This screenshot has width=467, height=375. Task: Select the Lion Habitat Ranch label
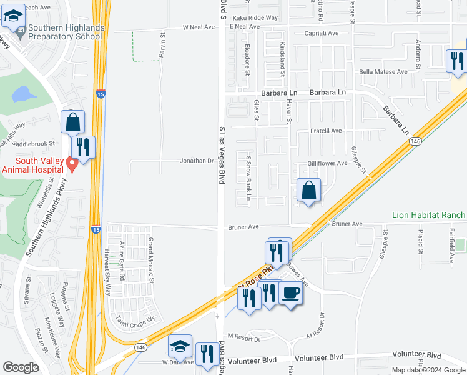coord(428,215)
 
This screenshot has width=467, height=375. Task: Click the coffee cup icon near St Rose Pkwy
coord(290,294)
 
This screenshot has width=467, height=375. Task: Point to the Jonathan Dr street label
coord(197,161)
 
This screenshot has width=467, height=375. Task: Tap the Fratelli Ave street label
coord(327,131)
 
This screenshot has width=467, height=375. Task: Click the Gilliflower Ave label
coord(327,163)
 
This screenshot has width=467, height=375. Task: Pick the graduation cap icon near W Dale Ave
coord(180,347)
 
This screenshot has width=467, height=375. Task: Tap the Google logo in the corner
coord(21,367)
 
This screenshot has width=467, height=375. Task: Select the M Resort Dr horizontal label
coord(243,338)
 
